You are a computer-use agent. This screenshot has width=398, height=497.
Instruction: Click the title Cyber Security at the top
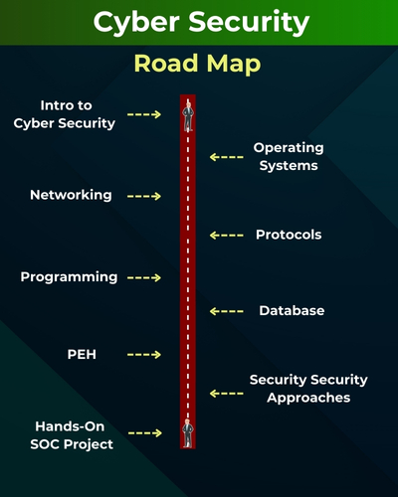click(199, 23)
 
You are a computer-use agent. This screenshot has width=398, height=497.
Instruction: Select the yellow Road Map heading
click(199, 65)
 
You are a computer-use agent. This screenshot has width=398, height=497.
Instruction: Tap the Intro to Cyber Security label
click(78, 114)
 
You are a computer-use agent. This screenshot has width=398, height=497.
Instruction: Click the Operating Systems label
click(289, 156)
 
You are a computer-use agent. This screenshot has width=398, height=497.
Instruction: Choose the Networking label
click(71, 195)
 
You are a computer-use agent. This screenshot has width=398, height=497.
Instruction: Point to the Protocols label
click(289, 236)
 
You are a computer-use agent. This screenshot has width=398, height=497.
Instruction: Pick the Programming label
click(69, 276)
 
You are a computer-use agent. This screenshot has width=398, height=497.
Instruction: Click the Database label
click(292, 311)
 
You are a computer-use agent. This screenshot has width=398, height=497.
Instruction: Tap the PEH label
click(83, 354)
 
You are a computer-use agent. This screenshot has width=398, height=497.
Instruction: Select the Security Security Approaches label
click(308, 389)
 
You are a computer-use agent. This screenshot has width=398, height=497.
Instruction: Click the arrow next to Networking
click(144, 196)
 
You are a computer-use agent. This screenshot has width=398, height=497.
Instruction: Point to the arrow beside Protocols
click(227, 236)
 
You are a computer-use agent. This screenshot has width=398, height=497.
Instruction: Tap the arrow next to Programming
click(144, 277)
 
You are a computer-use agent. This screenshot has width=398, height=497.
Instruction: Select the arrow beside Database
click(227, 311)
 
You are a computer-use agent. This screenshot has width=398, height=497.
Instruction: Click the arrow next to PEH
click(144, 354)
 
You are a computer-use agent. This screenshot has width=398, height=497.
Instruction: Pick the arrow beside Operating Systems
click(227, 156)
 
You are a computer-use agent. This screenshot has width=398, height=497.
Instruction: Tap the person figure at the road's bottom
click(186, 432)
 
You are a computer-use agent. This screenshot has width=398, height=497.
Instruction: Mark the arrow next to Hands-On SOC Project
click(144, 433)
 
